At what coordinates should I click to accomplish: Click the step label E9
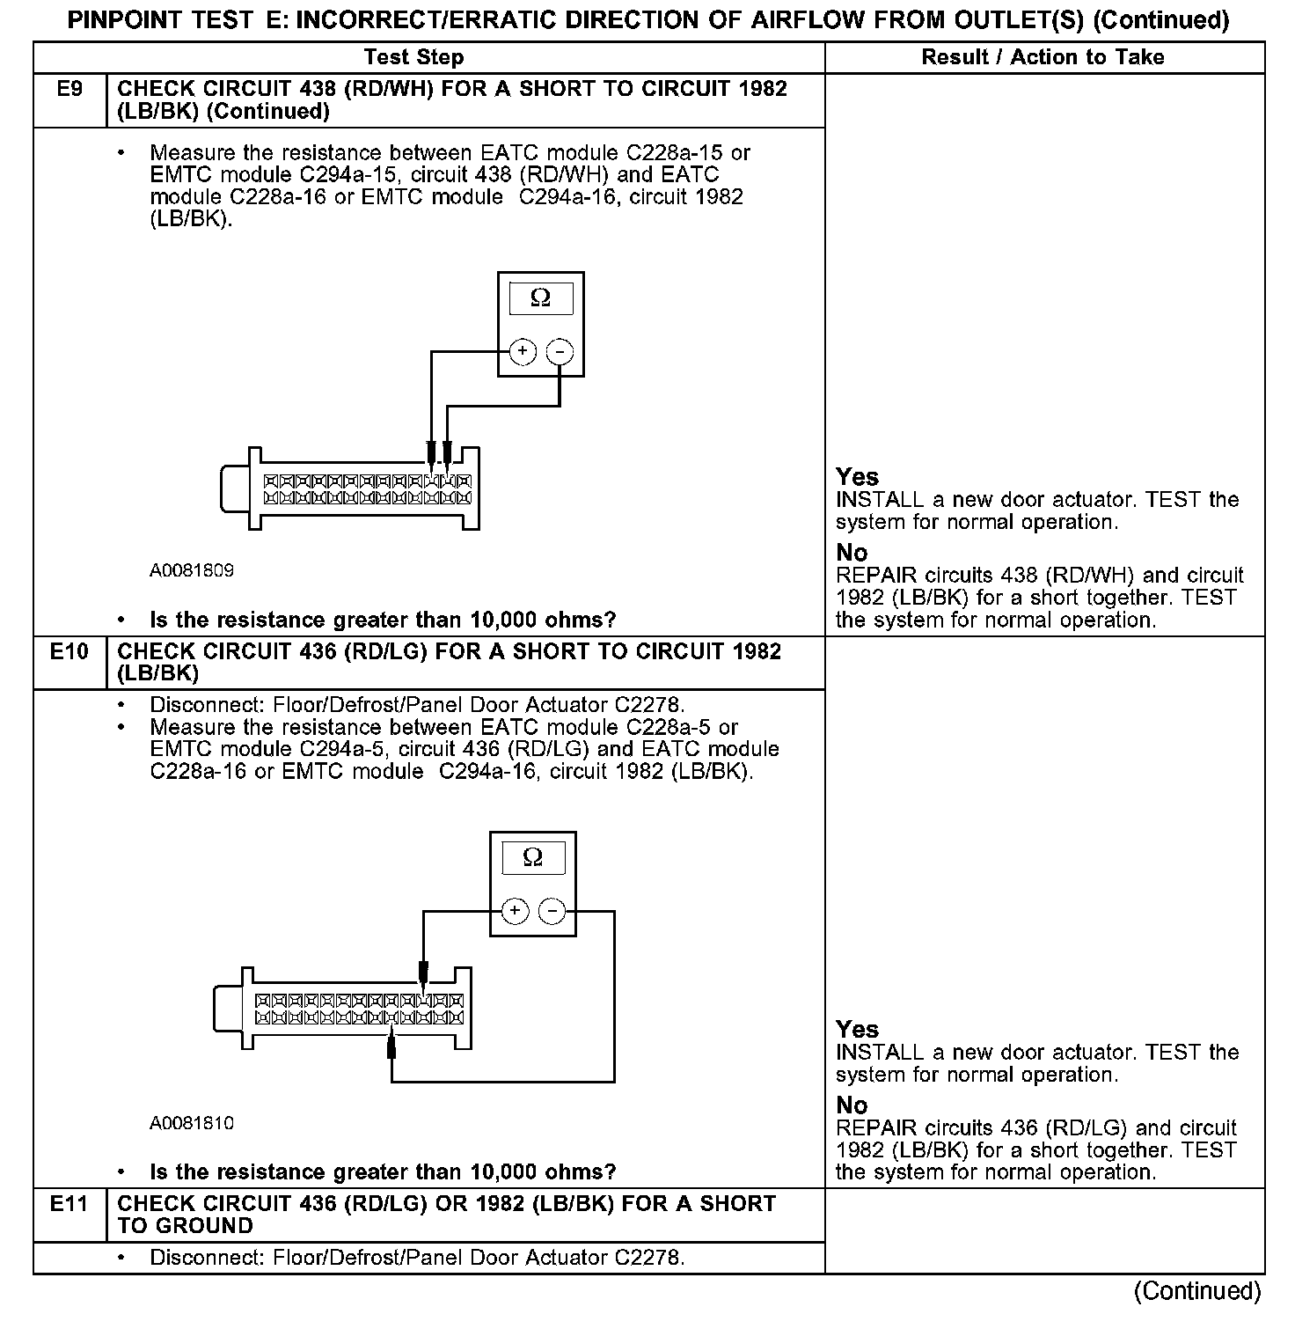[70, 89]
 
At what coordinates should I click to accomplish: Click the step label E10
[70, 651]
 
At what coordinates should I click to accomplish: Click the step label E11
[70, 1203]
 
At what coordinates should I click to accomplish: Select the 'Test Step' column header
[413, 57]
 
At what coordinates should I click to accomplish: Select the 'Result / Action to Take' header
[1043, 57]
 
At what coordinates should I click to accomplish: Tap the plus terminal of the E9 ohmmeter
[523, 352]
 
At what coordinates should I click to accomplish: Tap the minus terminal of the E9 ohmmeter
[560, 352]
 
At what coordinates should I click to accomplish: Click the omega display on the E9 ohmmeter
[540, 298]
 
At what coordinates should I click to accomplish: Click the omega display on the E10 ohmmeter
[532, 857]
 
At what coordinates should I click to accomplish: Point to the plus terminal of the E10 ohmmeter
[515, 911]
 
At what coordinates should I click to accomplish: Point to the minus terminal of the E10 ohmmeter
[552, 911]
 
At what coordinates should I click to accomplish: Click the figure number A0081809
[192, 570]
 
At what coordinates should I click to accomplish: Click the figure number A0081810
[192, 1123]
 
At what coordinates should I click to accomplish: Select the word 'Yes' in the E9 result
[857, 477]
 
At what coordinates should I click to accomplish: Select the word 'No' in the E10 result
[852, 1105]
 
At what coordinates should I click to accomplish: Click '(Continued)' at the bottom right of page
[1196, 1291]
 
